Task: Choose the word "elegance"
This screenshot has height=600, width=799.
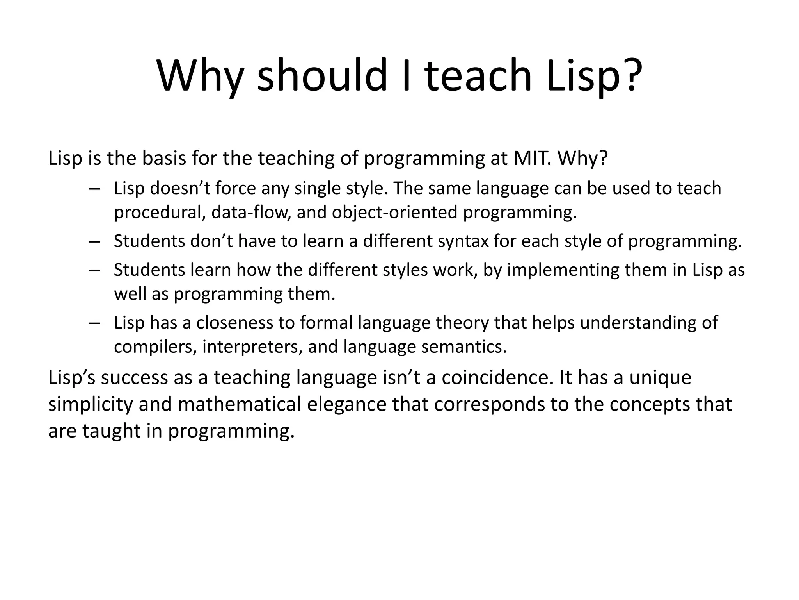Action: coord(346,404)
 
